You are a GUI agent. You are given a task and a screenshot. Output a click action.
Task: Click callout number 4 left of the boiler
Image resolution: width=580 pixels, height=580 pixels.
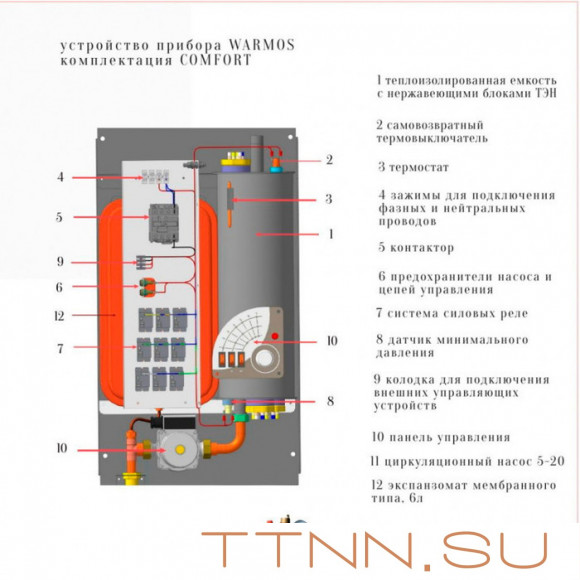click(61, 177)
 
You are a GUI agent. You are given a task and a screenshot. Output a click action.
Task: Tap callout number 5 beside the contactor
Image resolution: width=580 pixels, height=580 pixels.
click(61, 216)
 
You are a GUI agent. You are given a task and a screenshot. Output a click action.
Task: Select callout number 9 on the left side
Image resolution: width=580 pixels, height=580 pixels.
click(61, 262)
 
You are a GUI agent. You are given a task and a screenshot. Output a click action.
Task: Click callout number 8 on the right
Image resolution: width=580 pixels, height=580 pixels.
click(329, 401)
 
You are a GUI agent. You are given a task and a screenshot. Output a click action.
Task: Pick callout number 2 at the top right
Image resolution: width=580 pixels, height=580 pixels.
click(329, 159)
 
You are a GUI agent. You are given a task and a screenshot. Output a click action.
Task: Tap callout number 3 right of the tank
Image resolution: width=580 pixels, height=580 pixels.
click(327, 199)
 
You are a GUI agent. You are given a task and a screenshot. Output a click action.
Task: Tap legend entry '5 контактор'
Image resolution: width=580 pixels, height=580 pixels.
click(416, 247)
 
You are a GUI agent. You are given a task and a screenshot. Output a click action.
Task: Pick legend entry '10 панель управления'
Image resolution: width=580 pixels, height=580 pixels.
click(441, 437)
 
